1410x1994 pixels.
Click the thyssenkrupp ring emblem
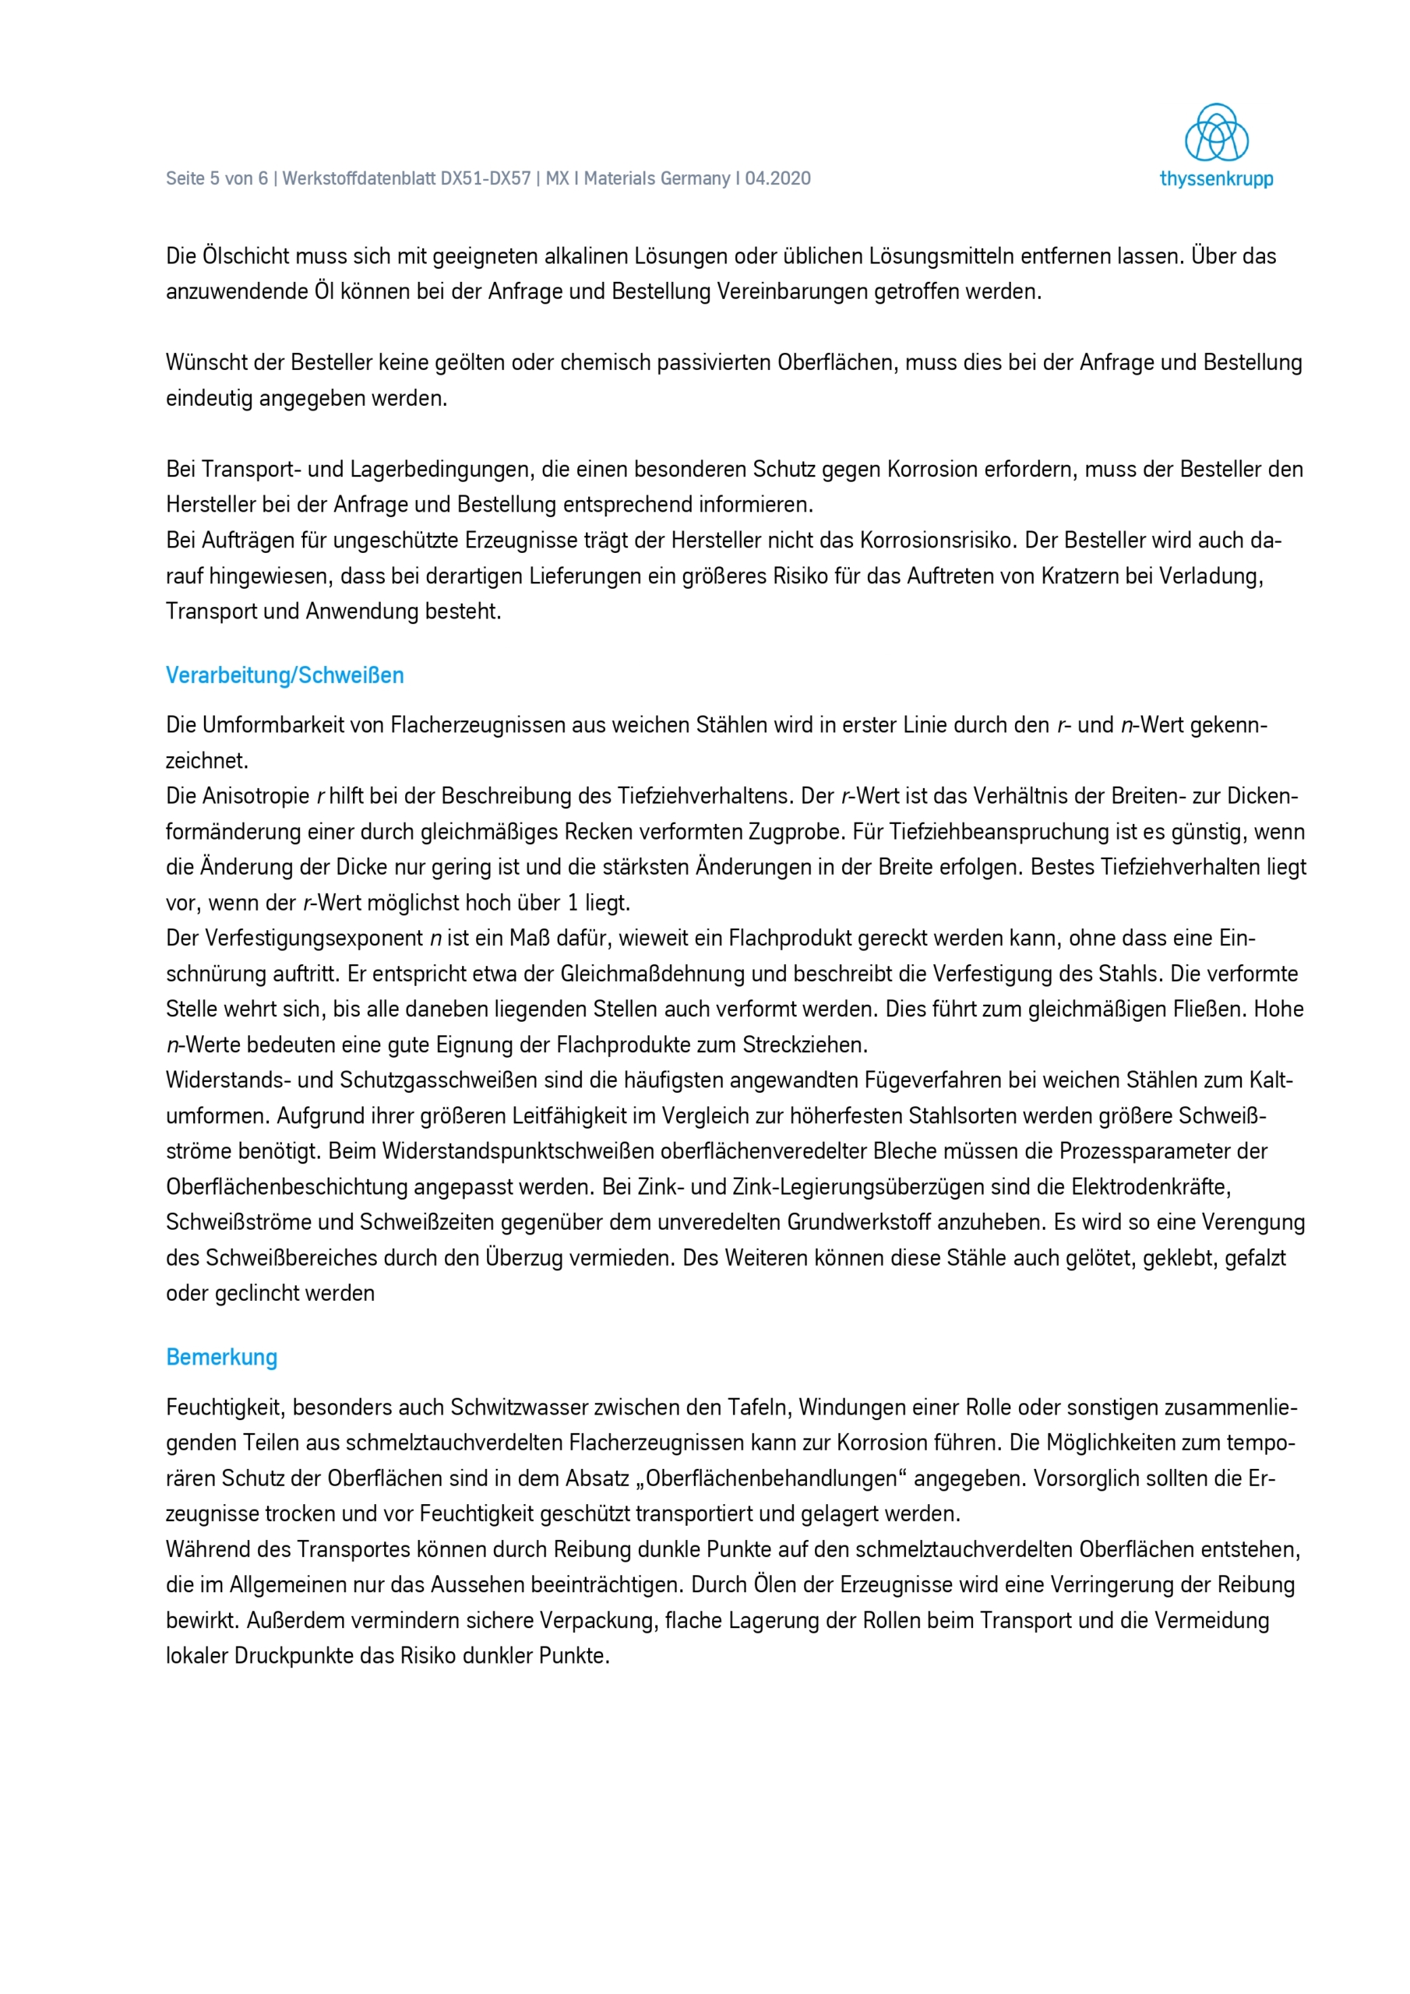pos(1216,133)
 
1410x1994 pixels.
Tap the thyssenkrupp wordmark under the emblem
pos(1216,179)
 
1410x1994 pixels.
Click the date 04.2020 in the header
pos(777,179)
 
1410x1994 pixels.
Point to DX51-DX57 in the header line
pos(485,179)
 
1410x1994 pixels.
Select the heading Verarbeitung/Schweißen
pos(285,675)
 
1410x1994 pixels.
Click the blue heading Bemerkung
pos(221,1358)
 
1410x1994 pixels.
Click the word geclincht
pos(256,1293)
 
